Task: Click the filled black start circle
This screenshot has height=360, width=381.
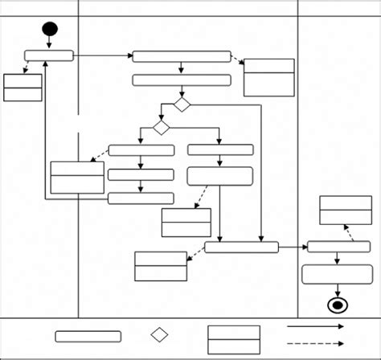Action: click(x=50, y=30)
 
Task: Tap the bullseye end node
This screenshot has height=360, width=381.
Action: click(x=337, y=305)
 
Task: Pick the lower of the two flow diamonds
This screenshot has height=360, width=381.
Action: click(x=162, y=128)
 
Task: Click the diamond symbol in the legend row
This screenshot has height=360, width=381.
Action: click(x=159, y=334)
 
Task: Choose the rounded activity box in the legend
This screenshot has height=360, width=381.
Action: click(x=88, y=336)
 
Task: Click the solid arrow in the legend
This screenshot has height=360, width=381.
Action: click(x=315, y=326)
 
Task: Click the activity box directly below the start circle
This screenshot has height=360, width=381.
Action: click(x=49, y=55)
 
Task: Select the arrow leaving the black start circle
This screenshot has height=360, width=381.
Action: click(x=50, y=43)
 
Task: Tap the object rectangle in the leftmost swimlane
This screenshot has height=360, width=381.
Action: click(x=23, y=88)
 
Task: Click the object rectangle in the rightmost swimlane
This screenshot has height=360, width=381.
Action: click(x=346, y=210)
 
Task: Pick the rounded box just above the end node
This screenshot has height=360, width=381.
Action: click(x=337, y=274)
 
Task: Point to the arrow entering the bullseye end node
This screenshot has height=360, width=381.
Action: click(x=337, y=290)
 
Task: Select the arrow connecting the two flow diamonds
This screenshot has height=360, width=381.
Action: click(x=170, y=117)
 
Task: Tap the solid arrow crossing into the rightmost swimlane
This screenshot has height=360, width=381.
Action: click(x=293, y=247)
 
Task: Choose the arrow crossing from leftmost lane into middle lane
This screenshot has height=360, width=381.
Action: click(x=103, y=55)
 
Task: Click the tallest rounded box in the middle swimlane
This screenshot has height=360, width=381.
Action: click(x=220, y=176)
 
